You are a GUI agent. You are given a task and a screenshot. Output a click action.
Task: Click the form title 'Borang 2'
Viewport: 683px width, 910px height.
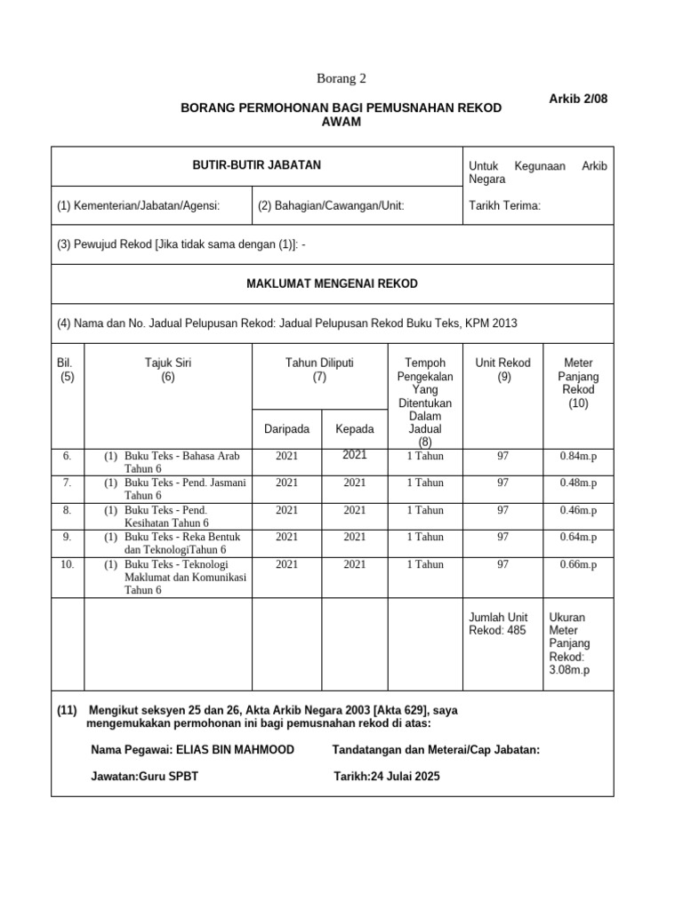[341, 79]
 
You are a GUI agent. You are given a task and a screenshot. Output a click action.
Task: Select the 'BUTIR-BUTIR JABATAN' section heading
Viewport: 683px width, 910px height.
[257, 165]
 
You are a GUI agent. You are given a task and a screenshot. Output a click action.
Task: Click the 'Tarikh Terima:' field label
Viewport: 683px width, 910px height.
[504, 206]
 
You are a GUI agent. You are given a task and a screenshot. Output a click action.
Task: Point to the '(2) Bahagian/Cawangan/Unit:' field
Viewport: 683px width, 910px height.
[331, 206]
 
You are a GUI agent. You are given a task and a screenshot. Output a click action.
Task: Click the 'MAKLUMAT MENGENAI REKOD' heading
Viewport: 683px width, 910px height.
[331, 283]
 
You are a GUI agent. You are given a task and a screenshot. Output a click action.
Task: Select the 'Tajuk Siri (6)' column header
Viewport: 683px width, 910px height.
[168, 370]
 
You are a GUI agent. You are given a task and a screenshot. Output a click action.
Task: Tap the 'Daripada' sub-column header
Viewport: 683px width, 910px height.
[286, 429]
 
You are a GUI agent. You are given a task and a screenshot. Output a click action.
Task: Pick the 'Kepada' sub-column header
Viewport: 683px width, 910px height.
[354, 429]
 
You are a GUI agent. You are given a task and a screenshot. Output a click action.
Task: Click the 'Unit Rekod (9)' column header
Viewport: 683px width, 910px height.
[502, 370]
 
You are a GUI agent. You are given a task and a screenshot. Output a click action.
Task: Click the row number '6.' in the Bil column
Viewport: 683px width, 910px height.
[67, 457]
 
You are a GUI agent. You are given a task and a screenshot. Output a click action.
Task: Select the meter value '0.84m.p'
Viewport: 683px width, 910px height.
[578, 457]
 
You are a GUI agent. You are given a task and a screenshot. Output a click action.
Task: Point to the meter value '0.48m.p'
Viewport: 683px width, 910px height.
[578, 483]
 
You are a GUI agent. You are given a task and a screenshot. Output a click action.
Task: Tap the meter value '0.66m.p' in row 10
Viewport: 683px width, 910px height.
[578, 564]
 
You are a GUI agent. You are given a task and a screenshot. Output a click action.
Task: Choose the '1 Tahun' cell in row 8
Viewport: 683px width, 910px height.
[425, 511]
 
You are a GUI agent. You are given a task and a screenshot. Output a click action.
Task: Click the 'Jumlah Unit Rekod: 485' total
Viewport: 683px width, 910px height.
[497, 624]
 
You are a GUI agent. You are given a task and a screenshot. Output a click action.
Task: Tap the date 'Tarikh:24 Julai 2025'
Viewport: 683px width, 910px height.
[386, 776]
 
